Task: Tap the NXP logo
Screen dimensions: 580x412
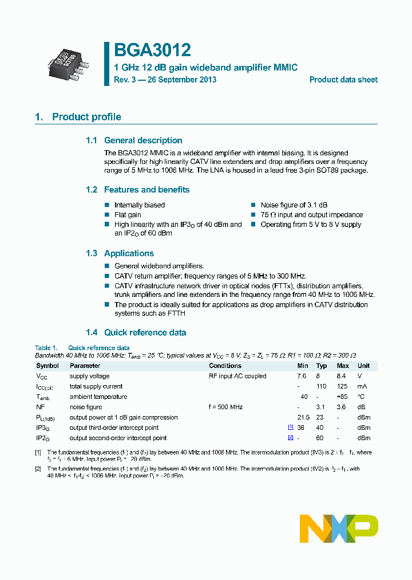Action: [x=339, y=528]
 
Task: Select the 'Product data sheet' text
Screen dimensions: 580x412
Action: [x=343, y=80]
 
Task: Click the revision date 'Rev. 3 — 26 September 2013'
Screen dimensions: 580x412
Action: [x=165, y=80]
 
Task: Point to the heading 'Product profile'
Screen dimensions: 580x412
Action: [x=86, y=117]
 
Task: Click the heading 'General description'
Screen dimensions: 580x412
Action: [x=142, y=140]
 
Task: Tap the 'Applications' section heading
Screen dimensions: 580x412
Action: [x=129, y=253]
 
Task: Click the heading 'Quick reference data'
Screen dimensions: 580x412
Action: [x=145, y=332]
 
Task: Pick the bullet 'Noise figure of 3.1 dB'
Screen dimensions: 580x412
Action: [x=294, y=205]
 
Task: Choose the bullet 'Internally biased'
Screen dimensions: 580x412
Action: [x=139, y=205]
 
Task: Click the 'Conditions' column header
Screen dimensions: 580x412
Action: [x=225, y=366]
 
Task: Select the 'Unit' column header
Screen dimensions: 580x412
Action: [x=363, y=366]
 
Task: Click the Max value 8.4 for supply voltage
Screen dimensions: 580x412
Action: [x=342, y=376]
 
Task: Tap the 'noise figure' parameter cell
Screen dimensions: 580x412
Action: [x=86, y=407]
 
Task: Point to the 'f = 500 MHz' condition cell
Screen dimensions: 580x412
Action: [x=225, y=407]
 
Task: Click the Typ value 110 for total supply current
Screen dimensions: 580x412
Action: [x=322, y=386]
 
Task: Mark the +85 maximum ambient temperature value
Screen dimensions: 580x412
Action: [x=342, y=397]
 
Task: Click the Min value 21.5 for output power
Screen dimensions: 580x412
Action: [x=303, y=417]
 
